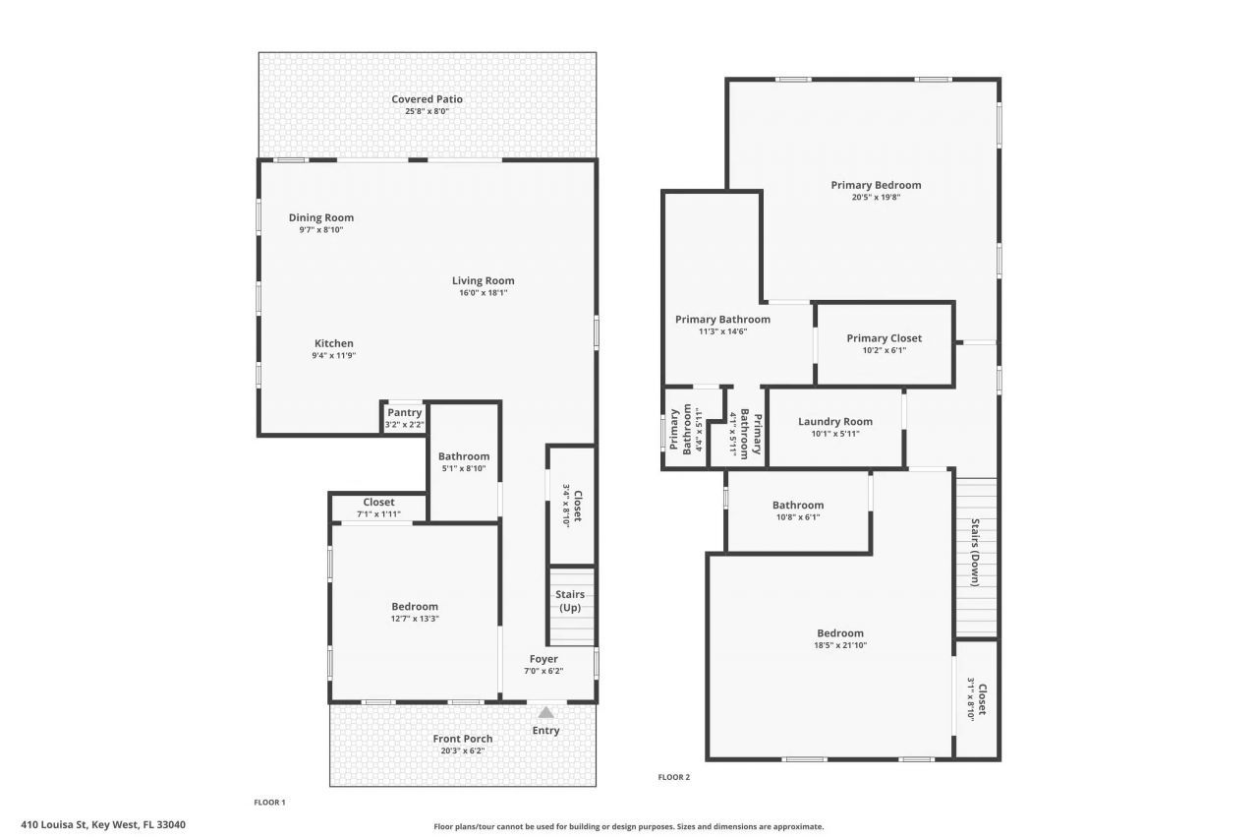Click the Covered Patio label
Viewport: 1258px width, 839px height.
point(427,99)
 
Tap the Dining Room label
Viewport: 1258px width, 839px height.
point(320,218)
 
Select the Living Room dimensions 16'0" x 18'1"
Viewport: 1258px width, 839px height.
point(483,292)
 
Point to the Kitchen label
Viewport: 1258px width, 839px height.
point(333,344)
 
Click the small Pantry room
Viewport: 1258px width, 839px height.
point(404,417)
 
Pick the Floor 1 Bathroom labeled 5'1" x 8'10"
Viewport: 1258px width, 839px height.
point(464,461)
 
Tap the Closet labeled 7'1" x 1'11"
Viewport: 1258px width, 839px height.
point(378,508)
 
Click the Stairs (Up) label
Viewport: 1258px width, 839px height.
point(570,601)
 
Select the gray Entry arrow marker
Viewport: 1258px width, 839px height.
point(545,712)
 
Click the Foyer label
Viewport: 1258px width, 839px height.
point(543,659)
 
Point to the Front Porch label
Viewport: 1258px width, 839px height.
point(463,739)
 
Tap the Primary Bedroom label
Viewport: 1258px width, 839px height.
point(876,185)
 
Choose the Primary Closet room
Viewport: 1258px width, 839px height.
point(884,343)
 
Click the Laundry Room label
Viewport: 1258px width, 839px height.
point(834,422)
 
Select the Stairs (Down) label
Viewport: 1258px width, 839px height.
point(976,553)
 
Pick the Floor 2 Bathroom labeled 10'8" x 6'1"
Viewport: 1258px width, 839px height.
point(797,510)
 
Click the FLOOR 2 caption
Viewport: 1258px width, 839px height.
point(674,777)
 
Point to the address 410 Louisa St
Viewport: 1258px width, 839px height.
point(103,825)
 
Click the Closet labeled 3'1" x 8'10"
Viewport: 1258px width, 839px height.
point(976,698)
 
